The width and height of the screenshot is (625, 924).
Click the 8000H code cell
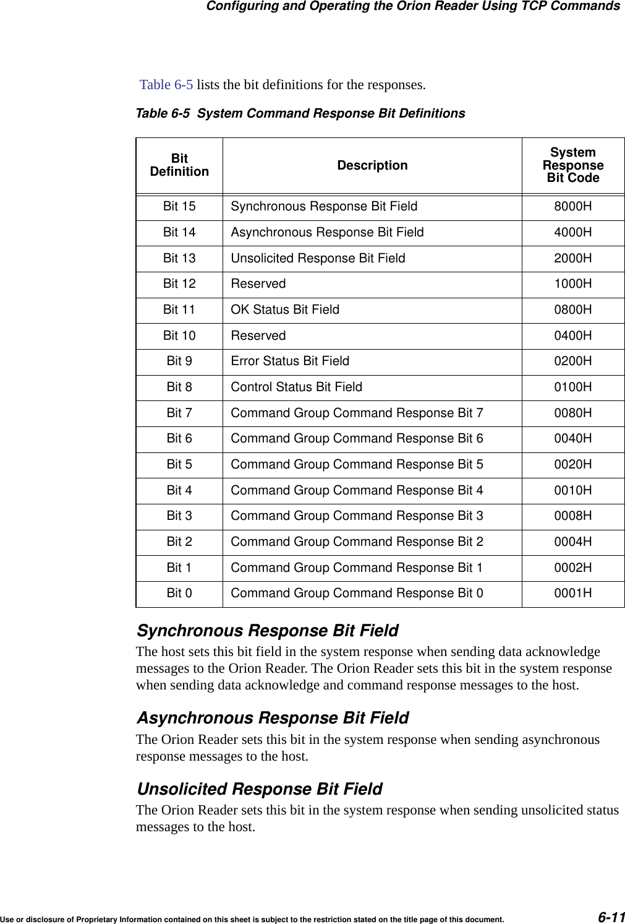572,207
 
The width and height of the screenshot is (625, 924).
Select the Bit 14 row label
179,232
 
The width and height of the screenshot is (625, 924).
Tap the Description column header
372,165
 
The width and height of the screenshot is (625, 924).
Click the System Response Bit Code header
572,165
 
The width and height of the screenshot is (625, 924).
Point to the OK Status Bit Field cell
285,309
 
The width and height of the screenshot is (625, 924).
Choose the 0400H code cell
572,335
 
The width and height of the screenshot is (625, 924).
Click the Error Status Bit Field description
290,361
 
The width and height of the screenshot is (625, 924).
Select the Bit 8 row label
179,387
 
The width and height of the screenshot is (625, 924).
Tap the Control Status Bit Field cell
297,387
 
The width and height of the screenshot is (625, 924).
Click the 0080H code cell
572,413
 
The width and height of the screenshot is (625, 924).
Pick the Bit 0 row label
179,593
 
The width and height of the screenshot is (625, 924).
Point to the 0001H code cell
572,593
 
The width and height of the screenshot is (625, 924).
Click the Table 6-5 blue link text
166,84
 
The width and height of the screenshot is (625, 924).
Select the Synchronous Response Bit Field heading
267,631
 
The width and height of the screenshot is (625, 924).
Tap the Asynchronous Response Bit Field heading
272,718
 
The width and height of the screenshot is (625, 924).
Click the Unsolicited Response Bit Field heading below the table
259,789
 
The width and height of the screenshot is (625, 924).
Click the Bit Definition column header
179,165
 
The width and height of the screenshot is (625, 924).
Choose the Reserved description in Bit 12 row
258,283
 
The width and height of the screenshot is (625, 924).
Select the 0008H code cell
572,516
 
